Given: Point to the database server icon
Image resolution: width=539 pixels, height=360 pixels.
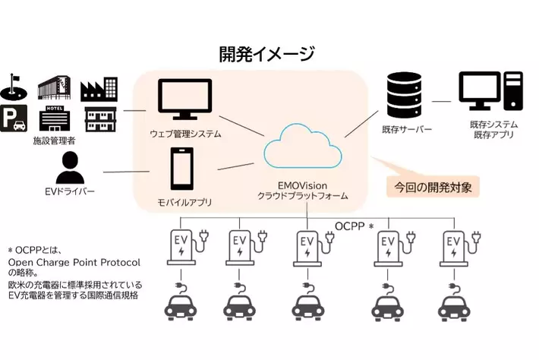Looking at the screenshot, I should click(x=403, y=94).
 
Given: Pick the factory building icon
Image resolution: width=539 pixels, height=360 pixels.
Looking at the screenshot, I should click(x=99, y=90).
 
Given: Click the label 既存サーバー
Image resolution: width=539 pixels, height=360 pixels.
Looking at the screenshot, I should click(x=408, y=130).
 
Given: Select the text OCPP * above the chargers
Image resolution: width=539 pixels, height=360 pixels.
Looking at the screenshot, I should click(x=355, y=226).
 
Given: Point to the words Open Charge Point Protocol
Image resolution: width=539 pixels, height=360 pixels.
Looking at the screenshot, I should click(x=74, y=262).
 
